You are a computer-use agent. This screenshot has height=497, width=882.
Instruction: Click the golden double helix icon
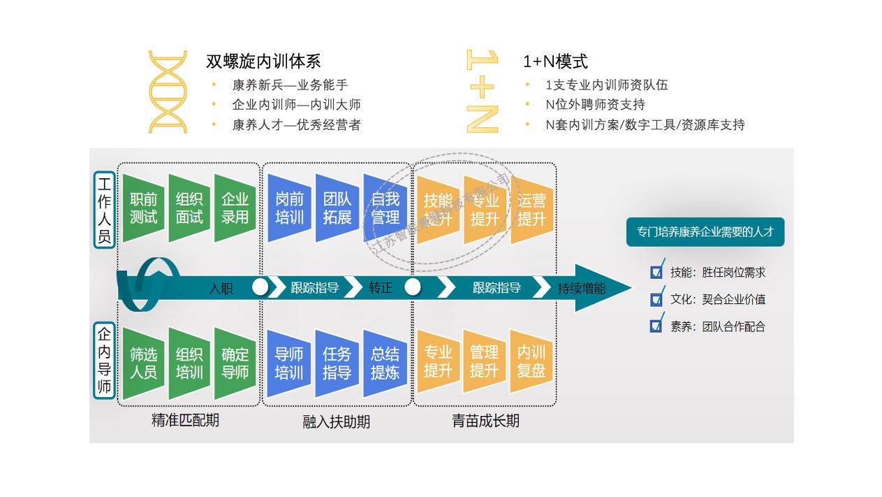click(168, 92)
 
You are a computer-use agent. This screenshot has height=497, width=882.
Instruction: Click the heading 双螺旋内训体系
click(263, 62)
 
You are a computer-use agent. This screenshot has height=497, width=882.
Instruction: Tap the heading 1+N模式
click(555, 62)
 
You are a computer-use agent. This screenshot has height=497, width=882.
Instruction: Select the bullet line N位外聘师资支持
click(595, 105)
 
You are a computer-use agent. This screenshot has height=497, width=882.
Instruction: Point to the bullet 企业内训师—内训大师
click(296, 105)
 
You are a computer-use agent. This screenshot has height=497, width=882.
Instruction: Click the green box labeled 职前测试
click(144, 208)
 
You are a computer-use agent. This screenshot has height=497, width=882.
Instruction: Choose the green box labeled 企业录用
click(235, 208)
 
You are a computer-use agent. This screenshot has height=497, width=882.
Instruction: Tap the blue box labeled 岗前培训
click(289, 208)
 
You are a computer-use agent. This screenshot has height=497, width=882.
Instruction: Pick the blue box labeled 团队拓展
click(337, 208)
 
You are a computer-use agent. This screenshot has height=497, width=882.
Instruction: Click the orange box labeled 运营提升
click(531, 209)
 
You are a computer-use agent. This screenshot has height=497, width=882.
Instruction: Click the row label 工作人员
click(105, 210)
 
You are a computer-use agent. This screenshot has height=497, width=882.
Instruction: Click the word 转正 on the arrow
click(381, 287)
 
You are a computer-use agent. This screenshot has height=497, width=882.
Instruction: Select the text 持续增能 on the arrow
click(582, 287)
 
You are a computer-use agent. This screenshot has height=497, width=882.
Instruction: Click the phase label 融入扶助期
click(337, 422)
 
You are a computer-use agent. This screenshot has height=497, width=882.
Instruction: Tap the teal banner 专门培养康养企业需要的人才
click(705, 232)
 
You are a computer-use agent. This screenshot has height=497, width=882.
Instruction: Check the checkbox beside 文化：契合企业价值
click(656, 299)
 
